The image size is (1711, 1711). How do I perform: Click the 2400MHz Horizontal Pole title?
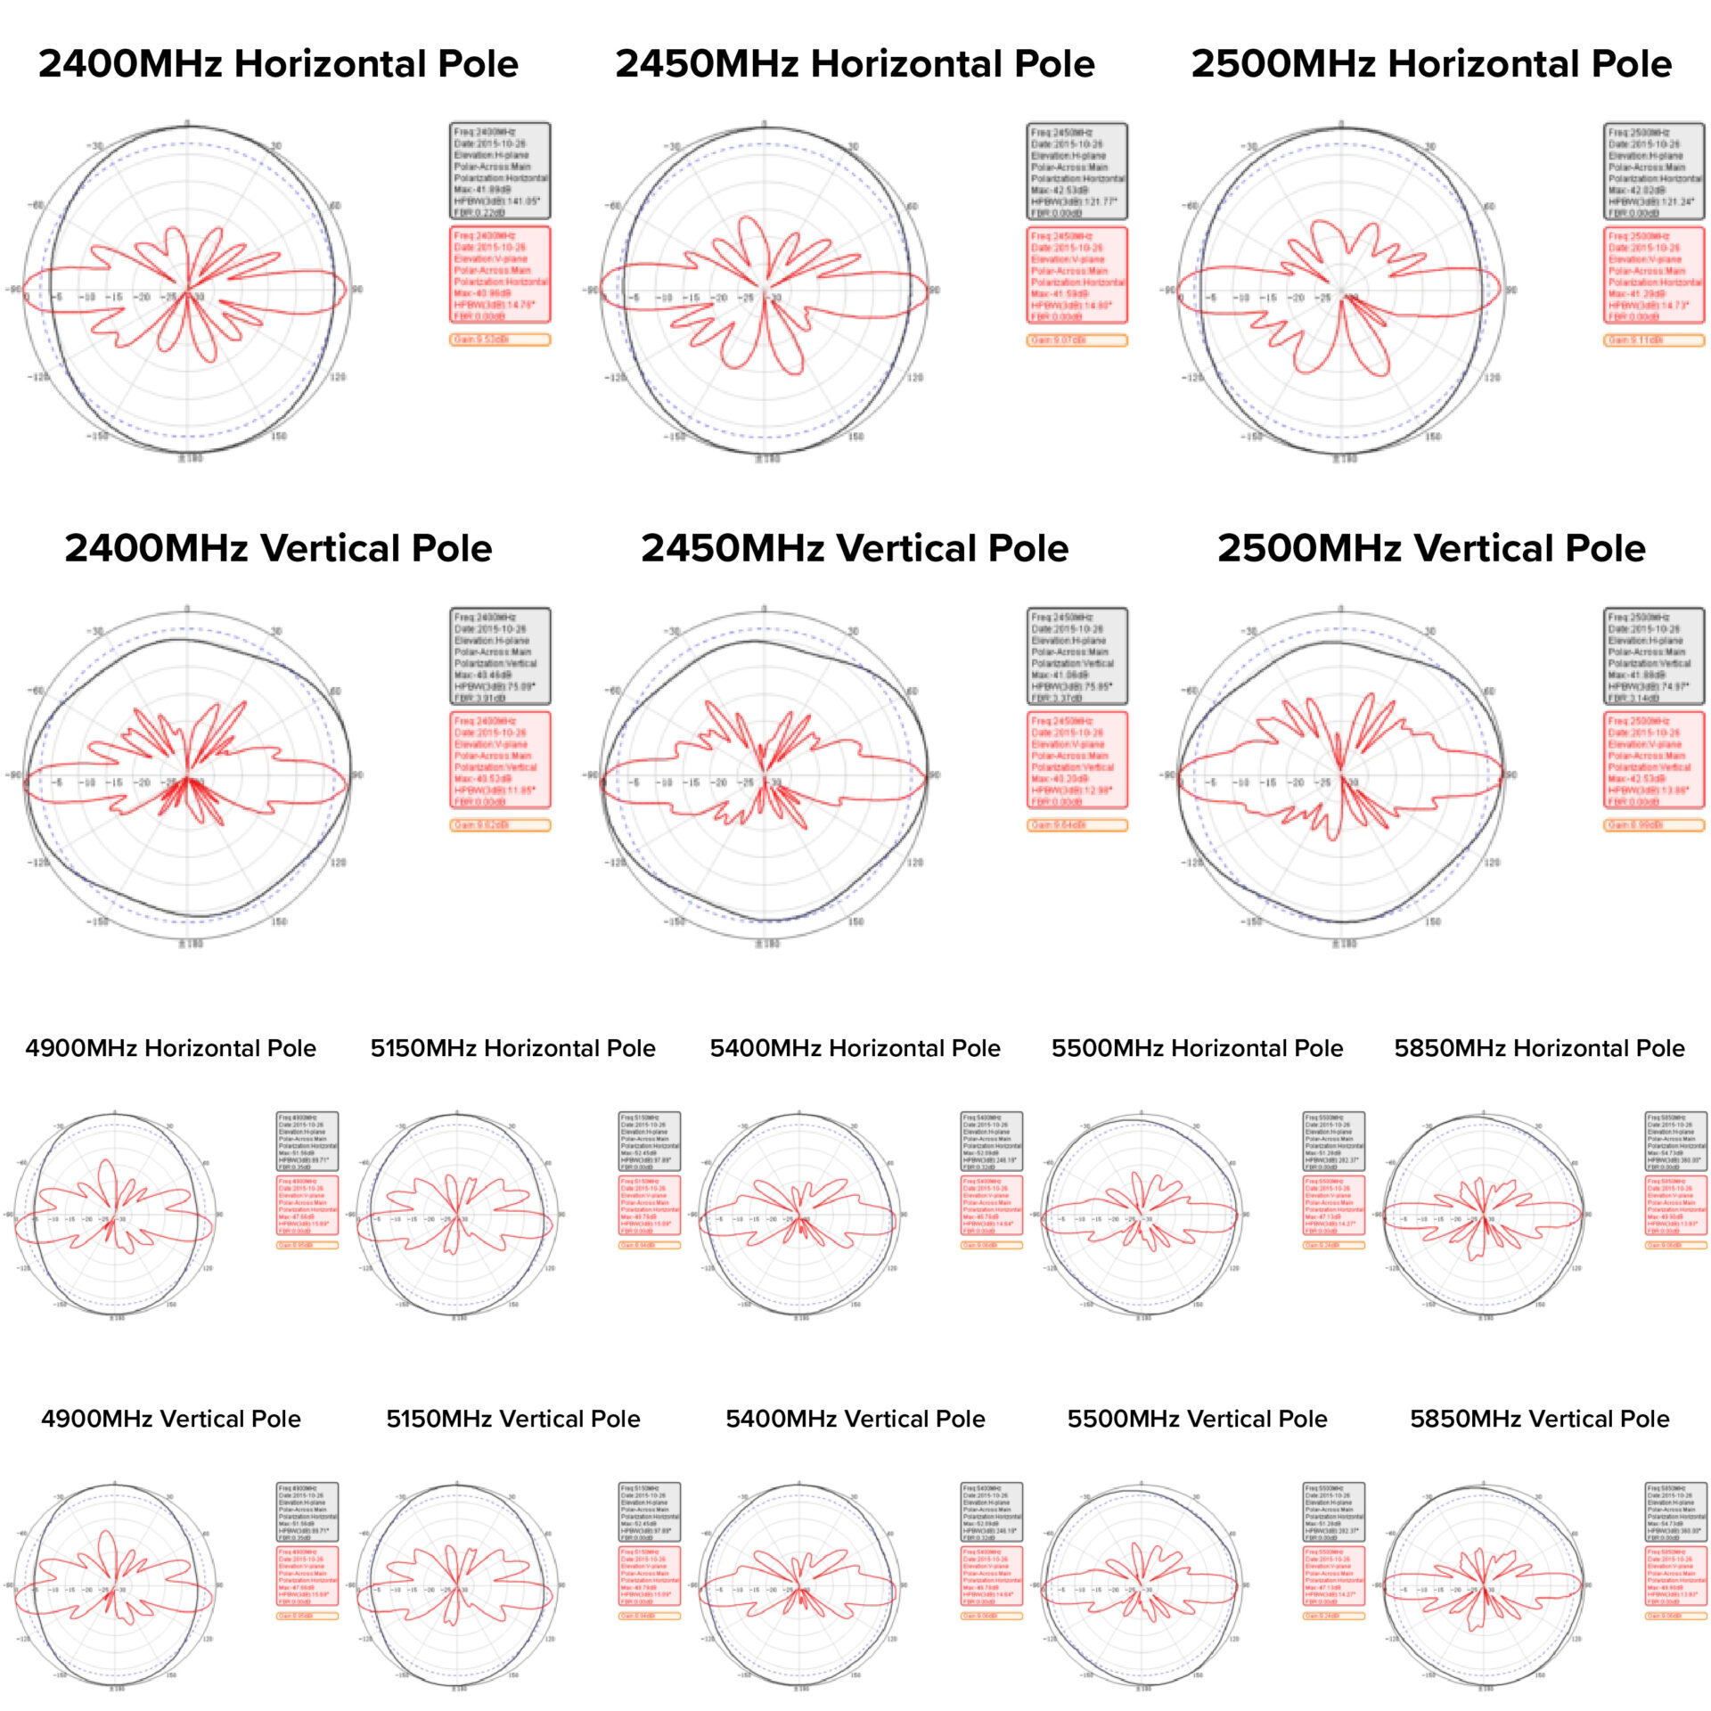[278, 64]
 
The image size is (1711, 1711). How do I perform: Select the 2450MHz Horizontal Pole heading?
[855, 64]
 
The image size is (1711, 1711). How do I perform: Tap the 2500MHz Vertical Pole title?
[1431, 548]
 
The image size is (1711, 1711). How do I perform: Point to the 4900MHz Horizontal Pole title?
[170, 1048]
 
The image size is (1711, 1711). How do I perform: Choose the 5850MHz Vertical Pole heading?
[1539, 1419]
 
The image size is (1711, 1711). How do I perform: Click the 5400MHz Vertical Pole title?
[855, 1419]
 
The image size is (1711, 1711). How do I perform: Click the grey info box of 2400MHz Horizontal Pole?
[499, 171]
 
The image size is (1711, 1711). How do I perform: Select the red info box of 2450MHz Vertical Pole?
[1077, 759]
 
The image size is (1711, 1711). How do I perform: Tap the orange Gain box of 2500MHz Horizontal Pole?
[1654, 340]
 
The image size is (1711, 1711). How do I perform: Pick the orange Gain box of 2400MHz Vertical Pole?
[499, 825]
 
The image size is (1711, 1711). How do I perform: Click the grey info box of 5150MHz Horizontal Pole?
[650, 1141]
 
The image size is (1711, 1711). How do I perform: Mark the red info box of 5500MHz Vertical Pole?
[1334, 1576]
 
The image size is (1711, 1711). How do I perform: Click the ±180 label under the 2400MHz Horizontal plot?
[189, 458]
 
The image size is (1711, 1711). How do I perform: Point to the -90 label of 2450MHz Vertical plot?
[590, 774]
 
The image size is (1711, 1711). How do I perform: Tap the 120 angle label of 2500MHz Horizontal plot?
[1492, 378]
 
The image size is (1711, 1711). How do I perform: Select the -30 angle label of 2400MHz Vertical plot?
[94, 631]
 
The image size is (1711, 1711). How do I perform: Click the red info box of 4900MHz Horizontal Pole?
[307, 1205]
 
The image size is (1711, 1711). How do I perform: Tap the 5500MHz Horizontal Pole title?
[1197, 1048]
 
